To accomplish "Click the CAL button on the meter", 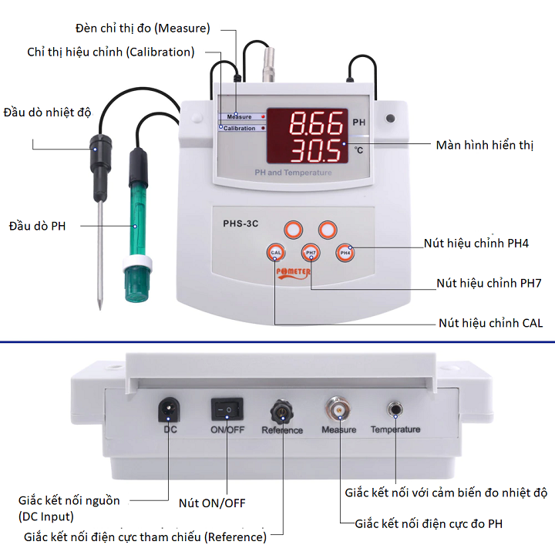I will (275, 252).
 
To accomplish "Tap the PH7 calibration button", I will (311, 252).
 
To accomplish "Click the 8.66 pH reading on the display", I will (316, 123).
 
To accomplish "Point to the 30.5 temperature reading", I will (316, 150).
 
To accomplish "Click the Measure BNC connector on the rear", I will (338, 409).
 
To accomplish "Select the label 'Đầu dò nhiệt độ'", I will (47, 112).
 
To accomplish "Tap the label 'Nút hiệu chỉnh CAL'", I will (490, 323).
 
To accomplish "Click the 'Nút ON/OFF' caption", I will (212, 503).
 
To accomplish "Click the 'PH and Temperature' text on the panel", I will (293, 173).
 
